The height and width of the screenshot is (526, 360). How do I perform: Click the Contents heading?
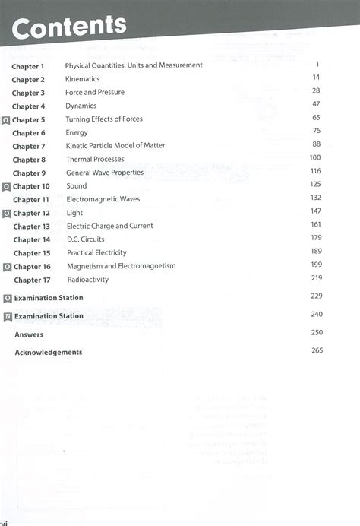(69, 27)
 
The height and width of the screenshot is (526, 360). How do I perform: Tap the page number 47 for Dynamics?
(316, 105)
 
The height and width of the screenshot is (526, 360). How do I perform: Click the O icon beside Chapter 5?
(7, 120)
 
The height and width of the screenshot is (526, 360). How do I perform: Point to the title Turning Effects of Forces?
(104, 119)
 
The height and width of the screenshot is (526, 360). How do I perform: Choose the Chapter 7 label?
(29, 146)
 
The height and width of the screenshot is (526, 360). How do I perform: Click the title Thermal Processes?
(95, 160)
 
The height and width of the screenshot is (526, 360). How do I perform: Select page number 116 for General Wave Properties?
(316, 172)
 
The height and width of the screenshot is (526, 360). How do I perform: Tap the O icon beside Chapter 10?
(7, 187)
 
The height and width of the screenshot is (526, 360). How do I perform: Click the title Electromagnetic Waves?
(103, 199)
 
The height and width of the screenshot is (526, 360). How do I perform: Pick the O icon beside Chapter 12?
(7, 214)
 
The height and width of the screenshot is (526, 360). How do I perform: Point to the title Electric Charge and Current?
(109, 226)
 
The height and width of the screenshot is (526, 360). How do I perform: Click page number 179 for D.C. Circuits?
(316, 239)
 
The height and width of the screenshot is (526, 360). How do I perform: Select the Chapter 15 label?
(31, 253)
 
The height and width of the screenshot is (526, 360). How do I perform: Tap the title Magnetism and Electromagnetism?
(121, 266)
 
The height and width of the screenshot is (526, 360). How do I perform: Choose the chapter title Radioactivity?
(87, 280)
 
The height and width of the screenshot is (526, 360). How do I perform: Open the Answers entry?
(29, 334)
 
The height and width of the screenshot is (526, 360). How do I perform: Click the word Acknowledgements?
(48, 352)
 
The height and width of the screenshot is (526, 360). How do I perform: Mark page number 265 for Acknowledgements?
(317, 350)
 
